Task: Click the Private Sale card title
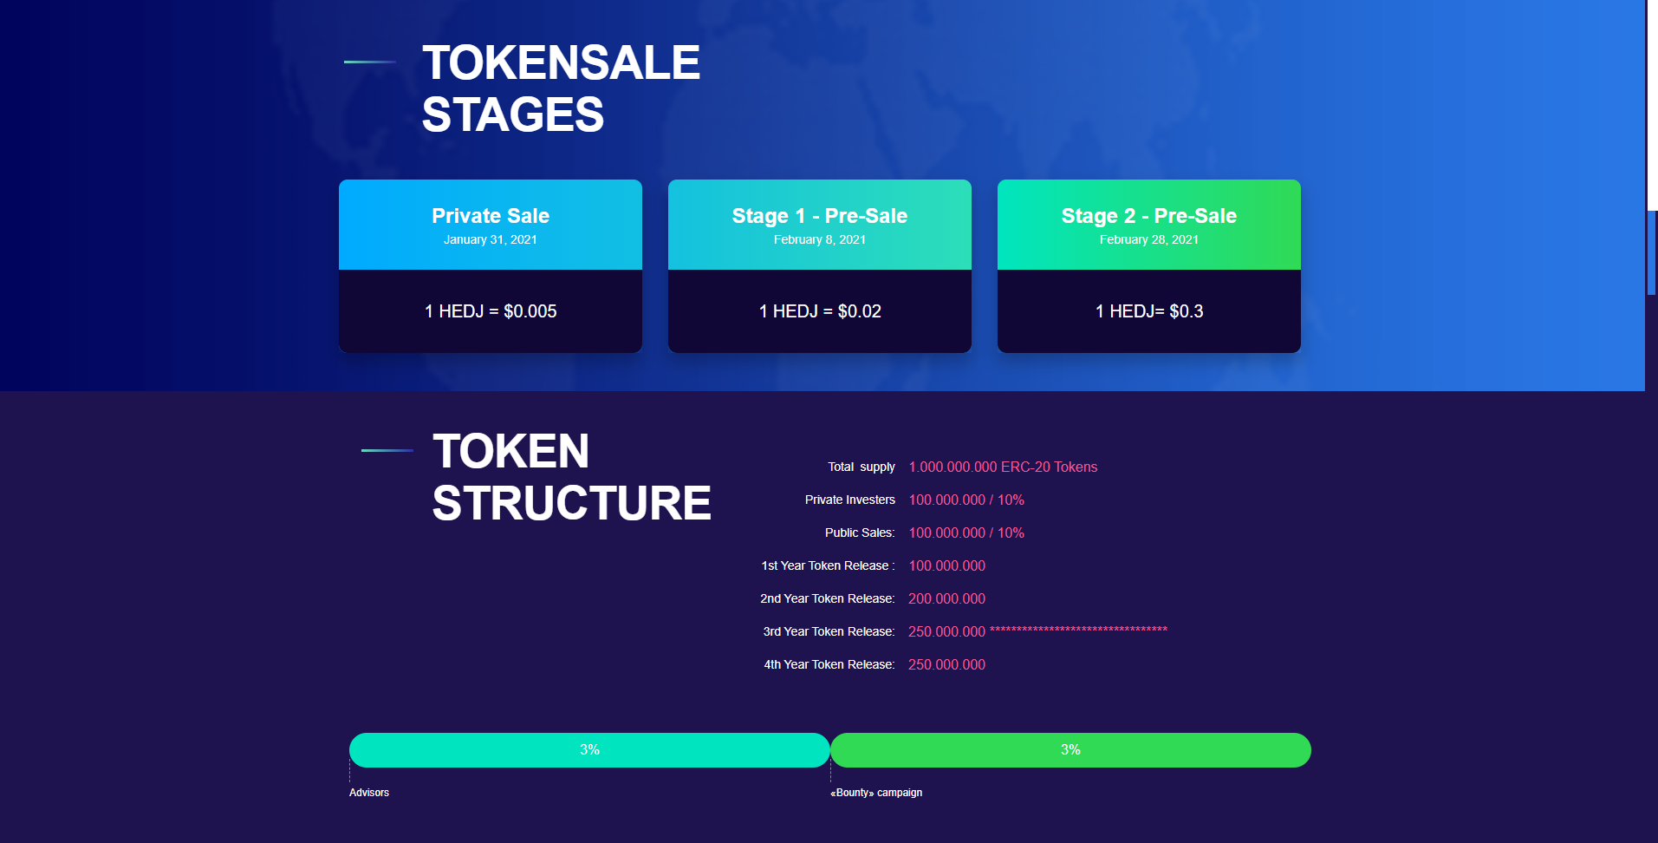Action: tap(491, 216)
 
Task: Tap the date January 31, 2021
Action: tap(491, 240)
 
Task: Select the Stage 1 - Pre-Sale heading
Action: tap(820, 216)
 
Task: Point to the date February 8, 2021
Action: tap(820, 240)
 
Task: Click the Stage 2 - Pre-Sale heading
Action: tap(1149, 216)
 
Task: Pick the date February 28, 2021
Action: tap(1149, 240)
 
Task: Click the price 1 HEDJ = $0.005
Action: tap(491, 311)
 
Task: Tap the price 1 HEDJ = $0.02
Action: tap(820, 311)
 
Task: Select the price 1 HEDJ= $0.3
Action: tap(1149, 311)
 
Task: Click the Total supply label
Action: tap(862, 467)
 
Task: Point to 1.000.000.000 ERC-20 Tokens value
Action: tap(1003, 467)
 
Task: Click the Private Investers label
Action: tap(850, 500)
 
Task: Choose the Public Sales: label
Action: tap(860, 533)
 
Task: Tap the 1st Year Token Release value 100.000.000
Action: tap(947, 566)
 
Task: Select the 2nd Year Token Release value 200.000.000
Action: tap(947, 599)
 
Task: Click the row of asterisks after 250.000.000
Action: tap(1079, 630)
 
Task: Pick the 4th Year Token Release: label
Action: tap(829, 664)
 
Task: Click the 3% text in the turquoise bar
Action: tap(589, 749)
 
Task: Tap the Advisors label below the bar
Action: tap(369, 793)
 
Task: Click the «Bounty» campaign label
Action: tap(876, 793)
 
